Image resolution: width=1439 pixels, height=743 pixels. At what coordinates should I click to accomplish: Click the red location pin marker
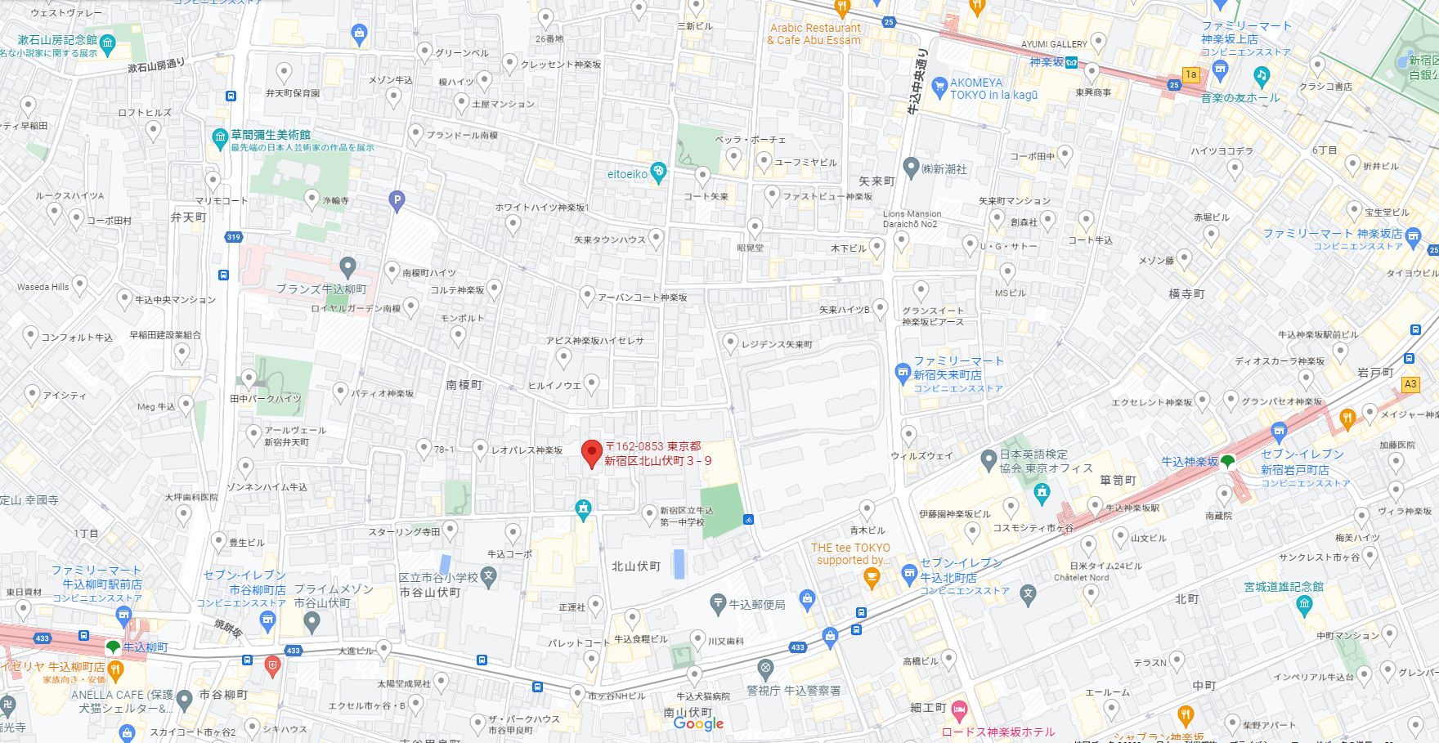tap(591, 453)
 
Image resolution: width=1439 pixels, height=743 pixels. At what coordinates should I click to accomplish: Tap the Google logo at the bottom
tap(698, 723)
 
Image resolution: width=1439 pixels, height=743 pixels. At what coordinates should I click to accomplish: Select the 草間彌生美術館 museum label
tap(270, 135)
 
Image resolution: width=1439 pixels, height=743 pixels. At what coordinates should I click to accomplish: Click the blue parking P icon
tap(397, 199)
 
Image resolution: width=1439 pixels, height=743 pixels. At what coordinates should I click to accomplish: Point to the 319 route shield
tap(234, 237)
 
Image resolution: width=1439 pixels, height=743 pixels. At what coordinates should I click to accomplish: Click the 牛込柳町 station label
tap(146, 647)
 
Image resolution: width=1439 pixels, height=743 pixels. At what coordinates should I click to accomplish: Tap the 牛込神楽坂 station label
tap(1190, 462)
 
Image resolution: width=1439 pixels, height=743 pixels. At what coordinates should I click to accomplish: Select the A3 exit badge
tap(1410, 384)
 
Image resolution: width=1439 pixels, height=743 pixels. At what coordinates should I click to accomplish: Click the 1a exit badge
tap(1190, 74)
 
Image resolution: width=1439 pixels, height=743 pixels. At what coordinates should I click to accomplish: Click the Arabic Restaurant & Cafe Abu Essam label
tap(814, 34)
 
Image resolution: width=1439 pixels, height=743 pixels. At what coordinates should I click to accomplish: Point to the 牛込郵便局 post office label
tap(756, 604)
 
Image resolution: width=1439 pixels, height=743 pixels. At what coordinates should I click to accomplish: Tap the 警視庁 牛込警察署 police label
tap(793, 690)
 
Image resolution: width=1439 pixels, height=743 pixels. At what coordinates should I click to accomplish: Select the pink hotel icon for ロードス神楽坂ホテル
tap(959, 707)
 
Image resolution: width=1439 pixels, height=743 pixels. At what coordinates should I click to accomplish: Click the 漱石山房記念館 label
tap(57, 39)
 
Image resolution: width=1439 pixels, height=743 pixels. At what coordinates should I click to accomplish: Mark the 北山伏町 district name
tap(636, 566)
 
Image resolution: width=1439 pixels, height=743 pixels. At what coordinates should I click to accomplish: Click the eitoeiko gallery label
tap(628, 174)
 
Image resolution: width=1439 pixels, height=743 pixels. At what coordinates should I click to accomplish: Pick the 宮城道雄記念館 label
tap(1284, 586)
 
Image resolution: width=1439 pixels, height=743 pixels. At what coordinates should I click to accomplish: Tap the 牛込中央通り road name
tap(918, 82)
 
